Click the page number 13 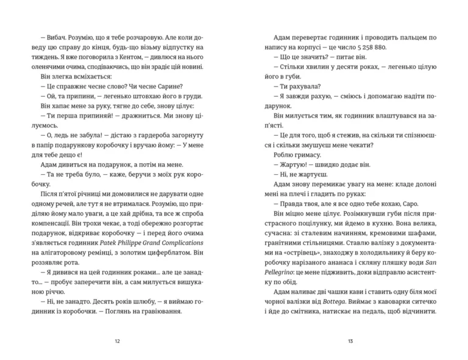[350, 341]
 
